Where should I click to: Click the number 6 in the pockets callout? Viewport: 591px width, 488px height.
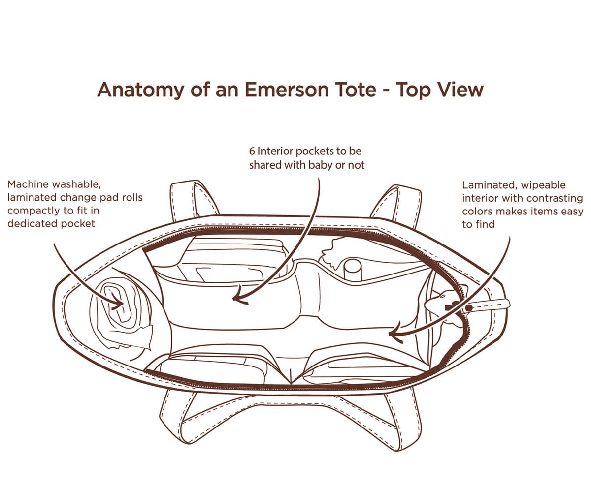point(252,151)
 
